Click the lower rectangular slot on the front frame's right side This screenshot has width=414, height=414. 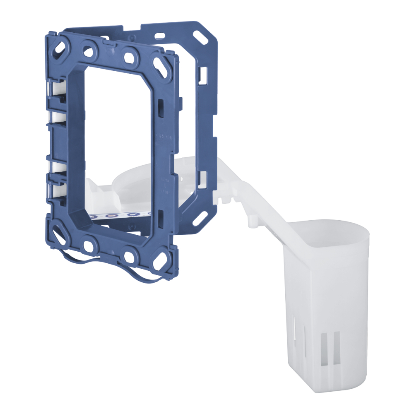(160, 215)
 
